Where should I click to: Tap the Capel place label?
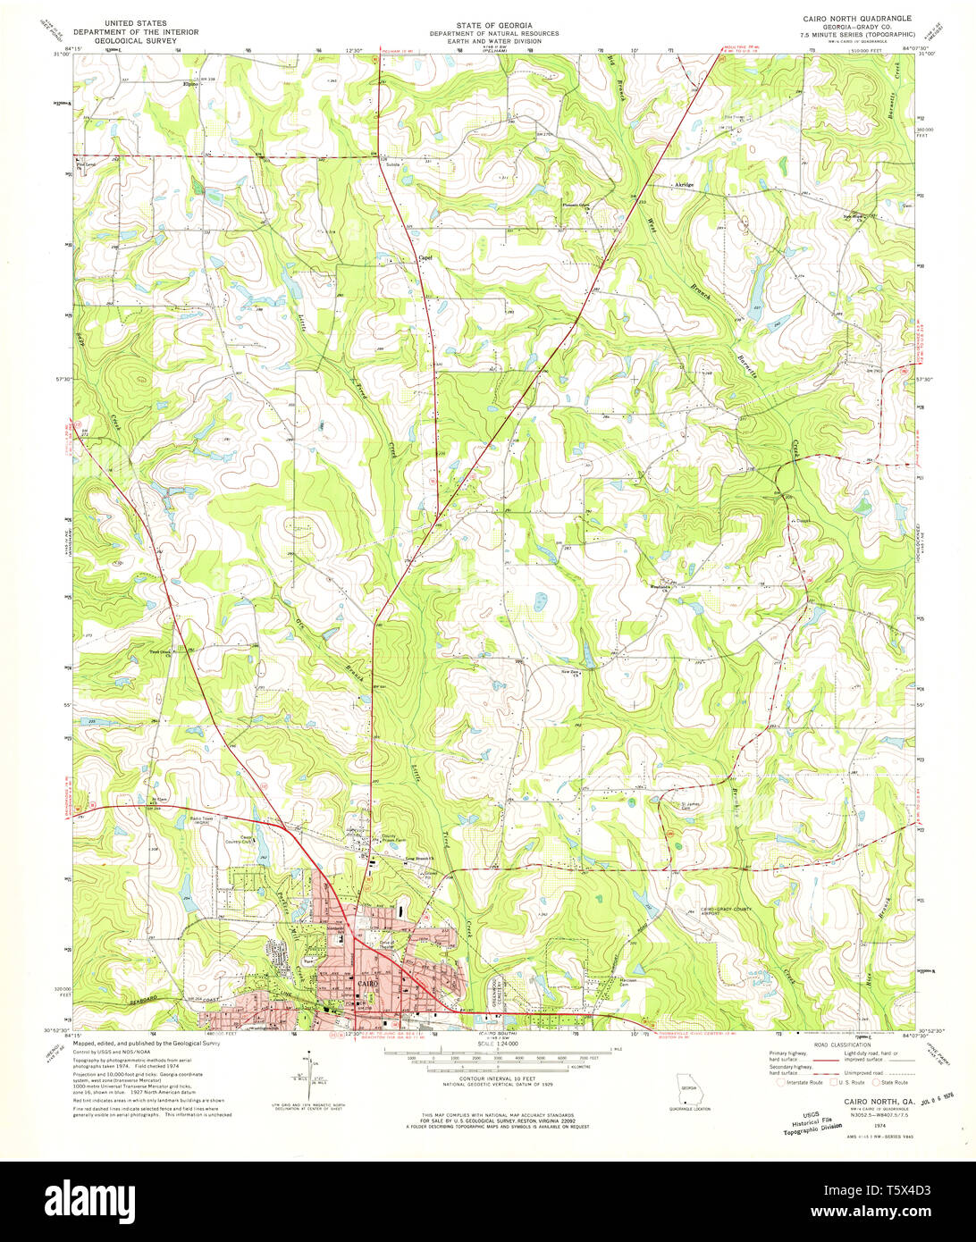[x=426, y=257]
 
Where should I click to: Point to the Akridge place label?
[x=683, y=185]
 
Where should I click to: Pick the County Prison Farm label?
[x=394, y=839]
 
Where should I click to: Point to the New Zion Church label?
[x=570, y=671]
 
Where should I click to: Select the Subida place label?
[x=390, y=164]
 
